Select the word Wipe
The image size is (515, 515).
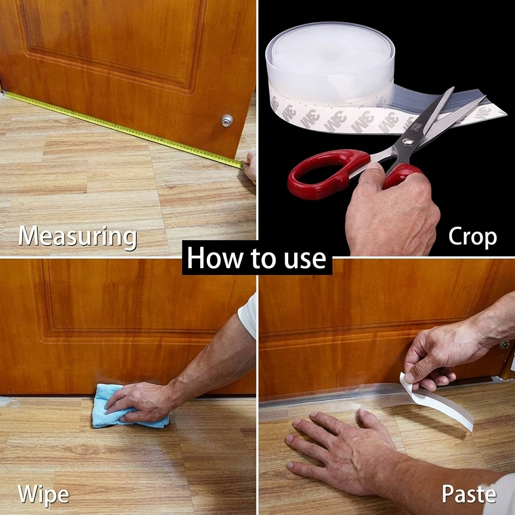click(x=43, y=494)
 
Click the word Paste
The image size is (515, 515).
click(x=469, y=494)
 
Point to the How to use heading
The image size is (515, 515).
click(x=256, y=258)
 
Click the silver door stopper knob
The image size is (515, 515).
click(x=227, y=120)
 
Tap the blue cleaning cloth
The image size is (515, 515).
click(x=128, y=407)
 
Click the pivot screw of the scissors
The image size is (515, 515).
click(x=408, y=141)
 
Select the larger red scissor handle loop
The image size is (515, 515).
click(x=328, y=174)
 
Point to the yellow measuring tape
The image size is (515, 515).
click(x=123, y=129)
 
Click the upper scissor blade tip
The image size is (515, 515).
click(x=453, y=88)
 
